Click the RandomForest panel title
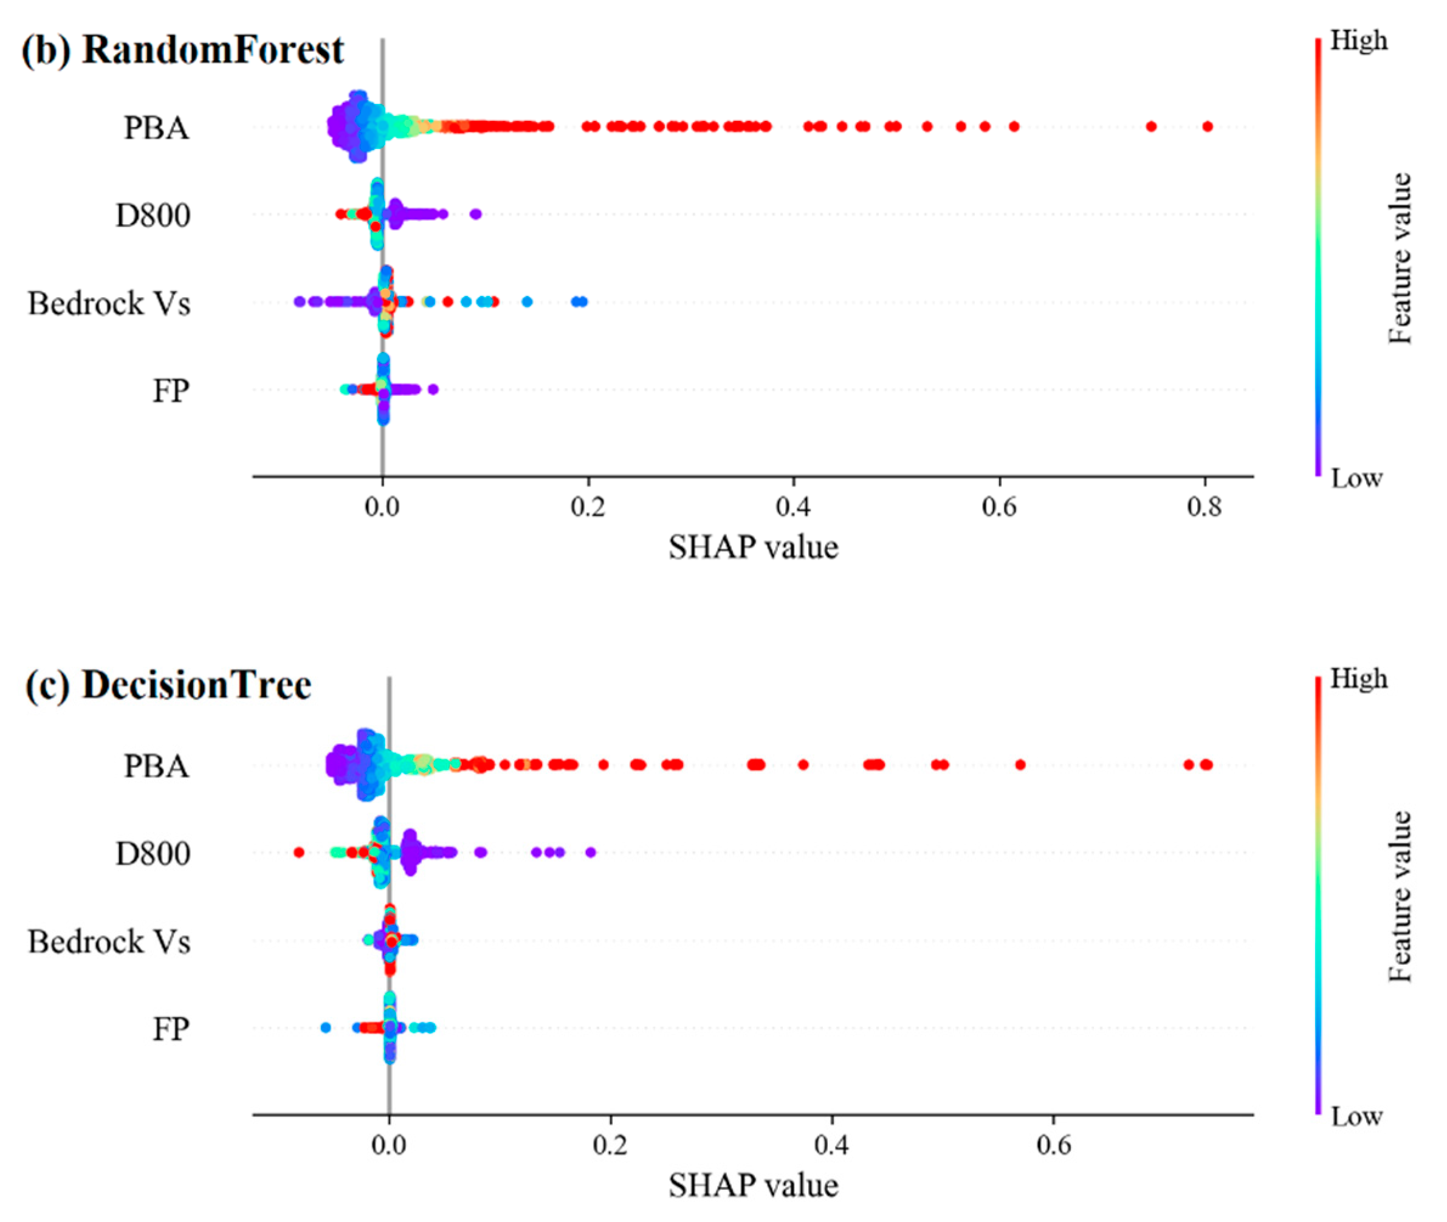click(x=183, y=50)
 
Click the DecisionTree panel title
click(x=168, y=686)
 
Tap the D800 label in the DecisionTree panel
click(x=153, y=854)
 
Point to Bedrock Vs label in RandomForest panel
click(x=109, y=303)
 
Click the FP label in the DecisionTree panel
click(x=170, y=1029)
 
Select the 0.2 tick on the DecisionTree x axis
click(x=610, y=1144)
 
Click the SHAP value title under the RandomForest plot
click(x=753, y=548)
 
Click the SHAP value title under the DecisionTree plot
click(x=753, y=1186)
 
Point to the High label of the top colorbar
click(x=1358, y=41)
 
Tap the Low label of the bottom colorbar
click(x=1356, y=1116)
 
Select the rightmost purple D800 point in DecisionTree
click(x=590, y=852)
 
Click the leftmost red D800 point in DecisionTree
click(x=298, y=852)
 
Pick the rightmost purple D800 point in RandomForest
click(x=475, y=214)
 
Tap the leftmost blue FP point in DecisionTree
click(x=326, y=1028)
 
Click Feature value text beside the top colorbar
click(x=1400, y=258)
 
